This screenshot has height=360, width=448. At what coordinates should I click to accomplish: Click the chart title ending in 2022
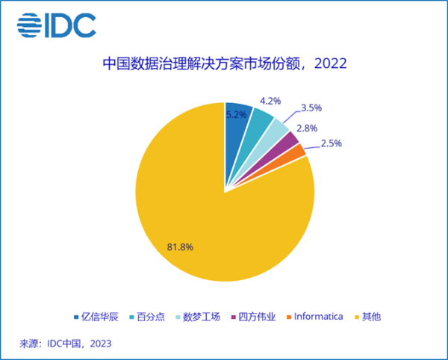(x=225, y=65)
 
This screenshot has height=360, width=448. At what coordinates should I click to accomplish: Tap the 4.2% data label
(x=270, y=99)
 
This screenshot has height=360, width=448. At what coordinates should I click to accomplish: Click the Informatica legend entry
(x=313, y=316)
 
